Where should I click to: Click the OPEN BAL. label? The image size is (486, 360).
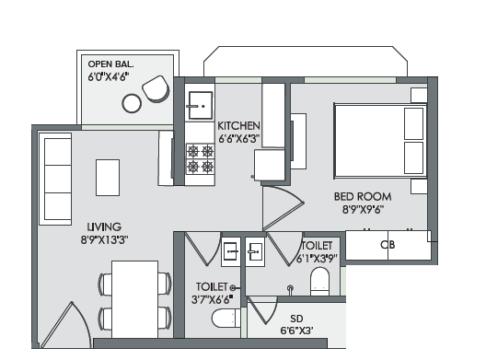[111, 64]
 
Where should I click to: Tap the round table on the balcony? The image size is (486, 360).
[132, 103]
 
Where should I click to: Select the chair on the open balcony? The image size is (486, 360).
[156, 88]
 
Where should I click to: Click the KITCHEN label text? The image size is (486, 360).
[238, 125]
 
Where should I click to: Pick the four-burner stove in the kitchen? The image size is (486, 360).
[201, 158]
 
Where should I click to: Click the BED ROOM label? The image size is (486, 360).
[363, 197]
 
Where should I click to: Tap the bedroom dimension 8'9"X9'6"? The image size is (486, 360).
[363, 210]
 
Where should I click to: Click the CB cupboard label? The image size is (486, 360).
[388, 245]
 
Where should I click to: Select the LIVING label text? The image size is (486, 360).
[104, 226]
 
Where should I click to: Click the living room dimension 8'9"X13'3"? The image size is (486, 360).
[105, 239]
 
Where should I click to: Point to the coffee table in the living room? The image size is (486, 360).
[108, 178]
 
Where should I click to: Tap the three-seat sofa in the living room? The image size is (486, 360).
[55, 180]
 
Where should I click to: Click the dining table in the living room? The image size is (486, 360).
[134, 299]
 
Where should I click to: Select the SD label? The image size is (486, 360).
[296, 319]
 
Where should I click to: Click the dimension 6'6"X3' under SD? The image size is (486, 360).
[296, 331]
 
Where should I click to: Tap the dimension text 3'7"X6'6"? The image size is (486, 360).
[213, 299]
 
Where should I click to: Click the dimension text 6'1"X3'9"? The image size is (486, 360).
[317, 259]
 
